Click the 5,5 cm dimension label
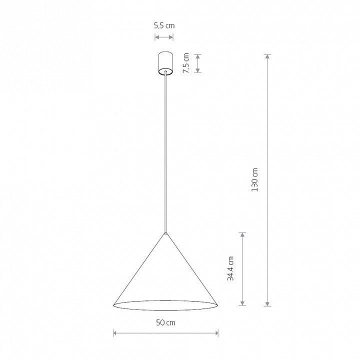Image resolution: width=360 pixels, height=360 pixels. click(x=164, y=25)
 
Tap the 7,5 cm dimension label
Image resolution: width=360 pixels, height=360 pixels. click(x=185, y=63)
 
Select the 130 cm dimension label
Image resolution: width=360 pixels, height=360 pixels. click(x=254, y=180)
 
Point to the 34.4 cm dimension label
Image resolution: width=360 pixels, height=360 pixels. click(x=230, y=268)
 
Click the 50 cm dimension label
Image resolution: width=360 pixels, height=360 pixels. click(x=165, y=322)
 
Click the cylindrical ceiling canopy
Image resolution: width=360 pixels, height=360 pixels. click(x=165, y=63)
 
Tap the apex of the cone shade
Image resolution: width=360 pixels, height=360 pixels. click(x=165, y=233)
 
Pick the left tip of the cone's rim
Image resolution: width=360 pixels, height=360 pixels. click(x=114, y=305)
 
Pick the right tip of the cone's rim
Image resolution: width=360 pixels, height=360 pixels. click(x=217, y=305)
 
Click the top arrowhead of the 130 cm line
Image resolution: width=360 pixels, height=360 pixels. click(x=267, y=56)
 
